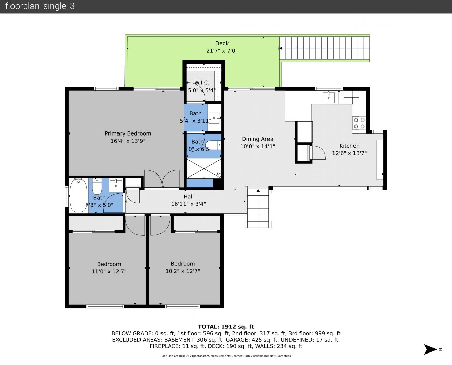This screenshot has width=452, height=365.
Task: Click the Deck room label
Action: point(222,43)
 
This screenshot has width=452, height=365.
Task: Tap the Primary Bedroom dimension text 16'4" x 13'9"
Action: point(128,141)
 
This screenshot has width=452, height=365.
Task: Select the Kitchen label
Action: point(349,146)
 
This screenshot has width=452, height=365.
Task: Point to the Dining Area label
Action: point(257,139)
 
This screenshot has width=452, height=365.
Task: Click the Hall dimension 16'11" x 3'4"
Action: point(189,204)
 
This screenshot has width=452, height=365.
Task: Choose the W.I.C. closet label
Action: point(201,82)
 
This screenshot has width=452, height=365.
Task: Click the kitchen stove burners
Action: point(359,123)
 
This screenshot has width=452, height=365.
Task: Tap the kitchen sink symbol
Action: point(328,97)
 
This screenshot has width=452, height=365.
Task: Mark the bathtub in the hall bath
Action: point(79,195)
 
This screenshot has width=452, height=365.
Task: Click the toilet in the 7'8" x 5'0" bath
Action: point(97,187)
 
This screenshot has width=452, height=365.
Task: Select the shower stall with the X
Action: point(204,169)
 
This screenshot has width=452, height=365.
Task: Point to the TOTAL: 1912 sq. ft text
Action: point(226,327)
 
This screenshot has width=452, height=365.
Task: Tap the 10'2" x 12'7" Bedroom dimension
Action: point(183,271)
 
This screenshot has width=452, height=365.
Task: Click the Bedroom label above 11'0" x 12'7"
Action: point(109,264)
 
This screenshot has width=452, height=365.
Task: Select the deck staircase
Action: point(324,48)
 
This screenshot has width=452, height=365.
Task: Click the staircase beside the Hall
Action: point(258,209)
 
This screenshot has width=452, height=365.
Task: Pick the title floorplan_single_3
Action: point(40,6)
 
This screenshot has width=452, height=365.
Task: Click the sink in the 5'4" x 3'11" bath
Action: point(214,118)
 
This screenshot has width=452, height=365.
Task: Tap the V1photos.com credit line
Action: point(226,356)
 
